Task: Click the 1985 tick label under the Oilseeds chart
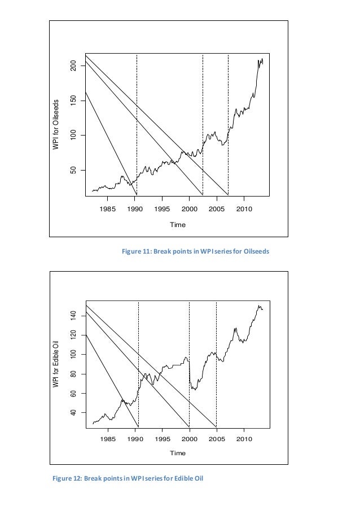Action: [x=107, y=208]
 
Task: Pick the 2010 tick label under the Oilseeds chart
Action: [x=244, y=208]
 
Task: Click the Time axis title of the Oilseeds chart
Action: [x=178, y=225]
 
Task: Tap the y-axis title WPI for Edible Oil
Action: [x=55, y=364]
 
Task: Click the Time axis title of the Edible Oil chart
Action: [x=178, y=453]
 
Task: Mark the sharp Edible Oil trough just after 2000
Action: [x=194, y=389]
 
